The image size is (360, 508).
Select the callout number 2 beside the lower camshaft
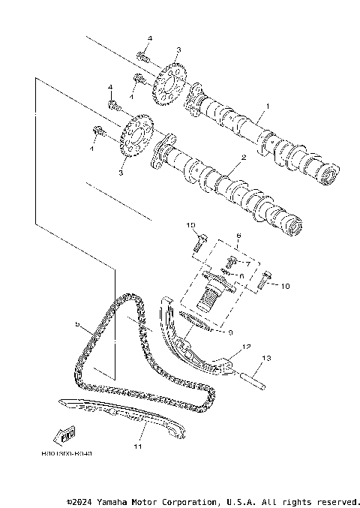point(242,159)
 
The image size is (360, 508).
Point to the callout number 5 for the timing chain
point(77,324)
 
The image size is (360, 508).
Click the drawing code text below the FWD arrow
point(67,454)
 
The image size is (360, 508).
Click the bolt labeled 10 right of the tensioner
point(262,284)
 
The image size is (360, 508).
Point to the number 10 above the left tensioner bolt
point(191,225)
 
